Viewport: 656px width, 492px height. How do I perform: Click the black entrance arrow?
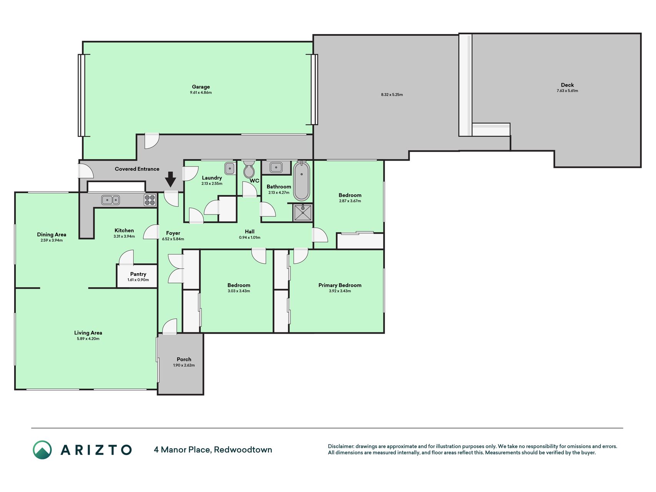coord(171,180)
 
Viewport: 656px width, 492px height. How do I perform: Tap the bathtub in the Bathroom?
coord(302,181)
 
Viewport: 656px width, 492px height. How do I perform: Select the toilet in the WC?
coord(249,169)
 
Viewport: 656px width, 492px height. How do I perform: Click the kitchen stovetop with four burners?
coord(150,200)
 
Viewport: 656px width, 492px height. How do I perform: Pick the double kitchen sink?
coord(111,200)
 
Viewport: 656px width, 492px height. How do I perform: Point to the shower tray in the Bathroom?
coord(303,213)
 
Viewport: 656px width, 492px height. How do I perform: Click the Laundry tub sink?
coord(230,168)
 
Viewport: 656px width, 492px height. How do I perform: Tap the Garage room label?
coord(201,87)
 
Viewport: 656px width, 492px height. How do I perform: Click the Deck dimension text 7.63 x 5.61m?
coord(567,91)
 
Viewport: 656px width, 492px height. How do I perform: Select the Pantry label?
coord(138,274)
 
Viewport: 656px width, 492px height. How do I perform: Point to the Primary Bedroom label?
coord(340,285)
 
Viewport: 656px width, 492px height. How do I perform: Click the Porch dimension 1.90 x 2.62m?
coord(184,365)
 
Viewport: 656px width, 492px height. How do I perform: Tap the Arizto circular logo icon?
coord(42,450)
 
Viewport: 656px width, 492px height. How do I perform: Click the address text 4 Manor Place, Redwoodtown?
coord(213,449)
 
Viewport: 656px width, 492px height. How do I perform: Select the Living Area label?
coord(88,333)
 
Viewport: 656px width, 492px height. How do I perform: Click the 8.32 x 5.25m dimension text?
coord(392,95)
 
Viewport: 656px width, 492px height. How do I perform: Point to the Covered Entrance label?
coord(137,169)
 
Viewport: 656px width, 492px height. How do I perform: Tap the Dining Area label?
coord(51,234)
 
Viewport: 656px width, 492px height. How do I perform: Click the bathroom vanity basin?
coord(276,168)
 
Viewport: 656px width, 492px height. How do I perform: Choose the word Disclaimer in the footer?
coord(340,446)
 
